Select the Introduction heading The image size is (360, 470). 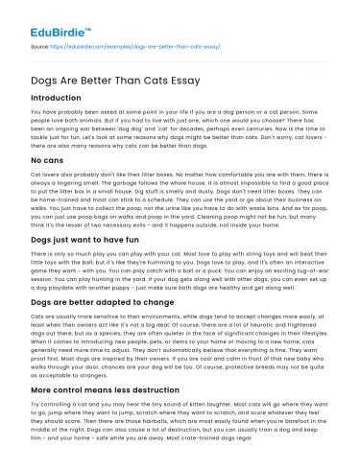point(57,98)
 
